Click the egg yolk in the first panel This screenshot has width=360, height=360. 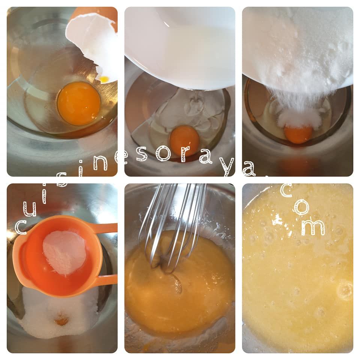[79, 103]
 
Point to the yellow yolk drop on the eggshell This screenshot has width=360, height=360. [104, 79]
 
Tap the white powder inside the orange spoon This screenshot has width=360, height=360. [64, 253]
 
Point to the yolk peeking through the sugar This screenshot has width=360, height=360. [61, 319]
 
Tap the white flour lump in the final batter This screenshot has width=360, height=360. [278, 220]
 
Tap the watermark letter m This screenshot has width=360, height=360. [313, 227]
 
